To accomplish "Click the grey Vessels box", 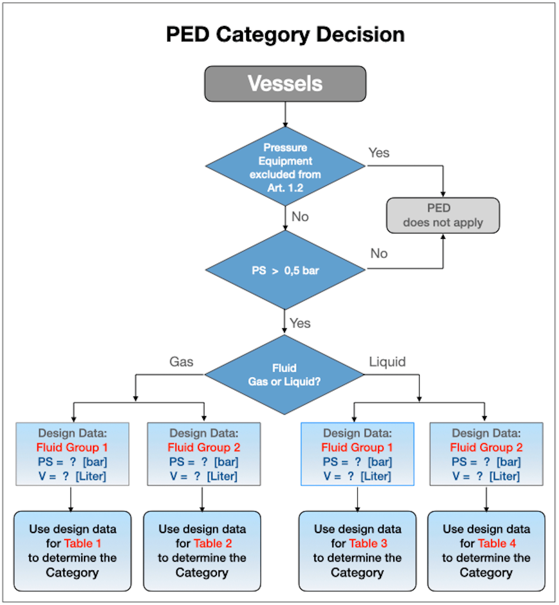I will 285,84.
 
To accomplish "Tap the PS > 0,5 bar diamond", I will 285,270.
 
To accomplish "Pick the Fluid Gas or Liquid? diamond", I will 284,375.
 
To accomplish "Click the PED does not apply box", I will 442,215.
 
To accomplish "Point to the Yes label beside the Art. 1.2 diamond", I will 379,153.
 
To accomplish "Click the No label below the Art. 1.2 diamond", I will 300,217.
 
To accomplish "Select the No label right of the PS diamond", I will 379,253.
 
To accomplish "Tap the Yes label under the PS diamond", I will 300,323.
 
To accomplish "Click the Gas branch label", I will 181,362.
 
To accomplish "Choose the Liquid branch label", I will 387,362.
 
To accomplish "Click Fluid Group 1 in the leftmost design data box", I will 72,448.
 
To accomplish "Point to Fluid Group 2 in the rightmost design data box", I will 486,448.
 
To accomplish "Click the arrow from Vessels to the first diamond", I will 285,114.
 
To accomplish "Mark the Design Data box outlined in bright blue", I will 357,454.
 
